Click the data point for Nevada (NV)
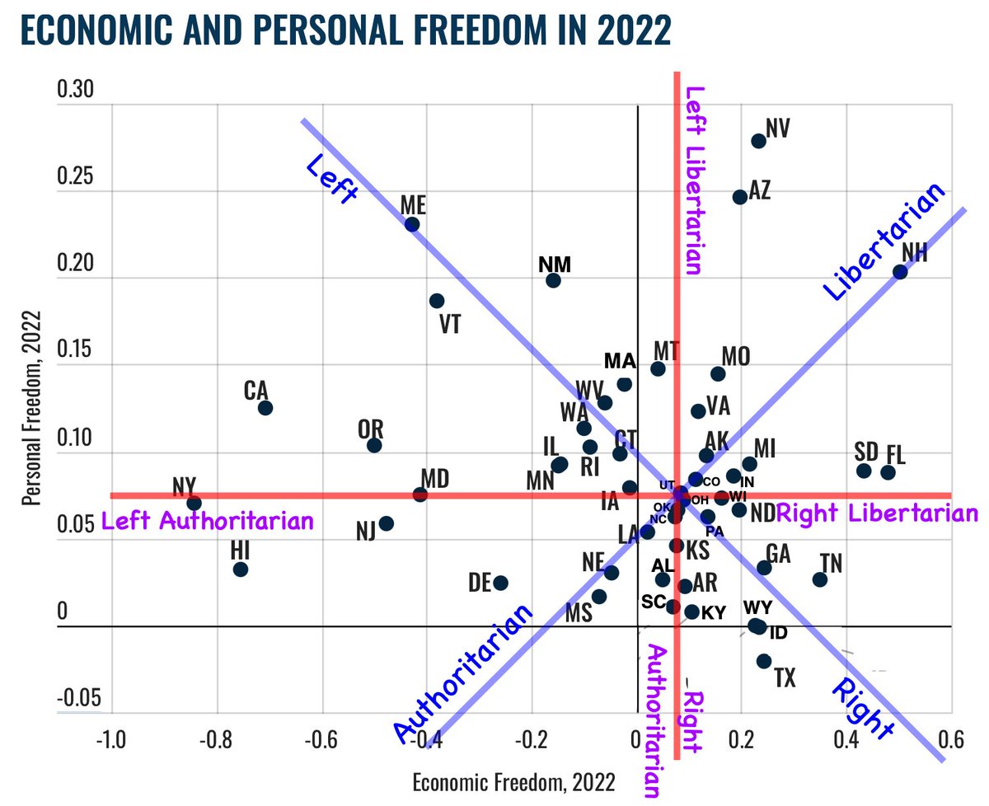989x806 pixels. (758, 141)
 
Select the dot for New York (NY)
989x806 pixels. (195, 503)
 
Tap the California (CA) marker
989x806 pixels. (265, 408)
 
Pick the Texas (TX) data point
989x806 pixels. (763, 661)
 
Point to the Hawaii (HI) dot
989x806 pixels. (241, 569)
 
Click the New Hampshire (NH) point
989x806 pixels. (900, 272)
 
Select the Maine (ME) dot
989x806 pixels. (412, 224)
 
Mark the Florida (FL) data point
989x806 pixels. (888, 472)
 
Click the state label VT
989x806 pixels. (449, 324)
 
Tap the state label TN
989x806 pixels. (831, 563)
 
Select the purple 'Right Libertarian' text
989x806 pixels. (877, 513)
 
